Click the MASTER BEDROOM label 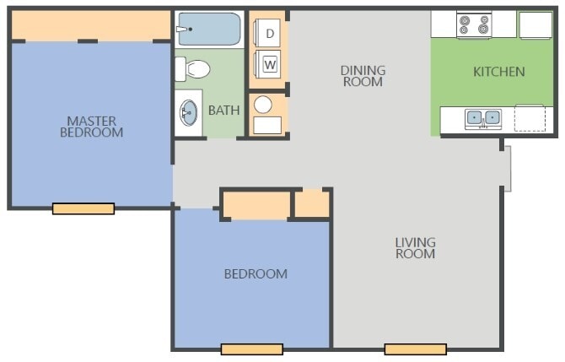pos(92,127)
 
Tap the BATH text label pos(223,110)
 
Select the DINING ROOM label pos(362,76)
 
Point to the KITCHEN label pos(498,72)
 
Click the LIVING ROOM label pos(415,248)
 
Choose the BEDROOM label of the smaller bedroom pos(255,273)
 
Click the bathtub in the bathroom pos(208,30)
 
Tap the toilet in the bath pos(194,68)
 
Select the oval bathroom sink pos(189,111)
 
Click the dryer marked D pos(270,34)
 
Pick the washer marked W pos(270,64)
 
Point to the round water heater pos(263,104)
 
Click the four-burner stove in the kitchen pos(474,25)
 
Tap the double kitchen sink pos(483,118)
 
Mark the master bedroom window pos(83,208)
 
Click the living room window pos(415,348)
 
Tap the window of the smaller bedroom pos(251,348)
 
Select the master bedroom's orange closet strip pos(91,27)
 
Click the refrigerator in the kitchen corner pos(535,25)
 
